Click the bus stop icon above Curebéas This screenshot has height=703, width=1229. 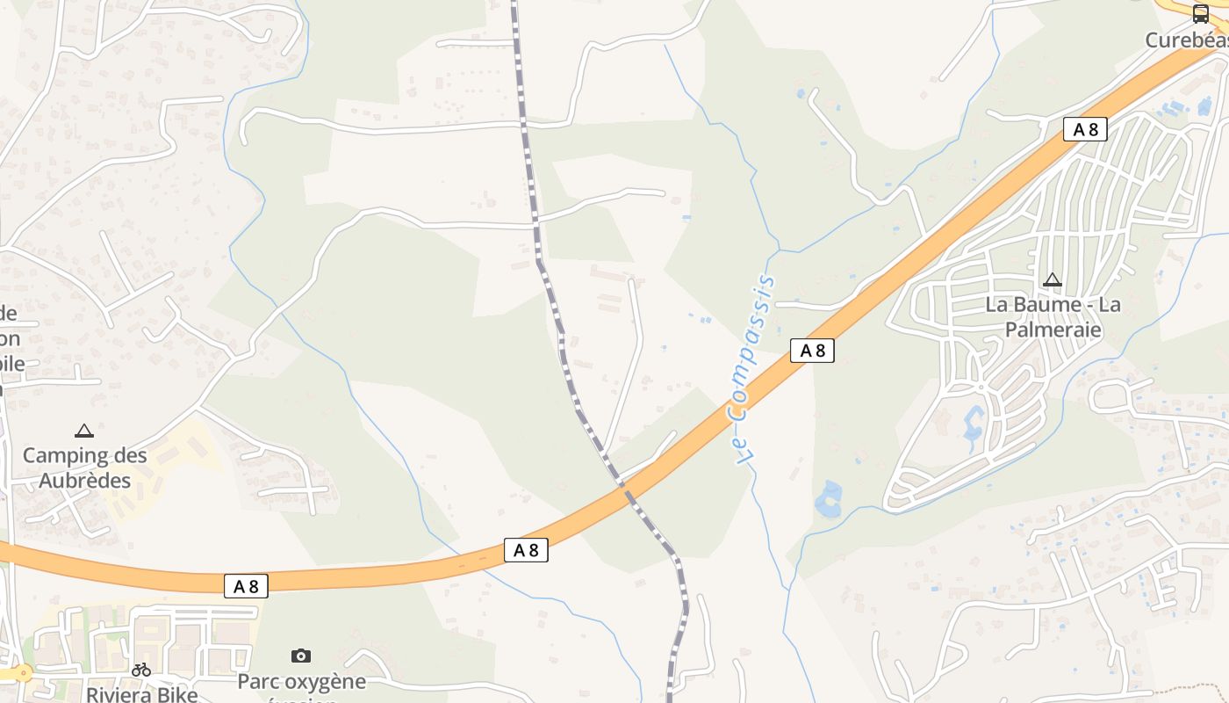tap(1201, 14)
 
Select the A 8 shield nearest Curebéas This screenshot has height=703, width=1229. tap(1085, 130)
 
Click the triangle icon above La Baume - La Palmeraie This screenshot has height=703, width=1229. tap(1052, 280)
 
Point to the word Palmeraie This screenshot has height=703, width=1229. tap(1053, 330)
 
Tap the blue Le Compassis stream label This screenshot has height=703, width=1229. tap(753, 369)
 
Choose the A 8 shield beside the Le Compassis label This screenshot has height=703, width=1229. tap(812, 351)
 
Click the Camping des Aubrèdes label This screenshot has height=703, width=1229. tap(84, 467)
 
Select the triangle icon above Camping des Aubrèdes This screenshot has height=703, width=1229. tap(84, 431)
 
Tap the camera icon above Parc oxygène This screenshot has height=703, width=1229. tap(301, 656)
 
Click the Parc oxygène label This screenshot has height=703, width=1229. tap(301, 682)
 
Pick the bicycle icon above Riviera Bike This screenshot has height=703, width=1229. tap(141, 670)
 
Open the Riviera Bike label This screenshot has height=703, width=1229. tap(141, 694)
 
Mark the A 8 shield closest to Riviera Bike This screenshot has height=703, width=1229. tap(246, 586)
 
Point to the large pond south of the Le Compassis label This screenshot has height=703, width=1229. tap(828, 499)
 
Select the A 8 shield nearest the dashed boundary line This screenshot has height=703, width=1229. tap(526, 550)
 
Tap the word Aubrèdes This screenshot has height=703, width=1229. tap(84, 481)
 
